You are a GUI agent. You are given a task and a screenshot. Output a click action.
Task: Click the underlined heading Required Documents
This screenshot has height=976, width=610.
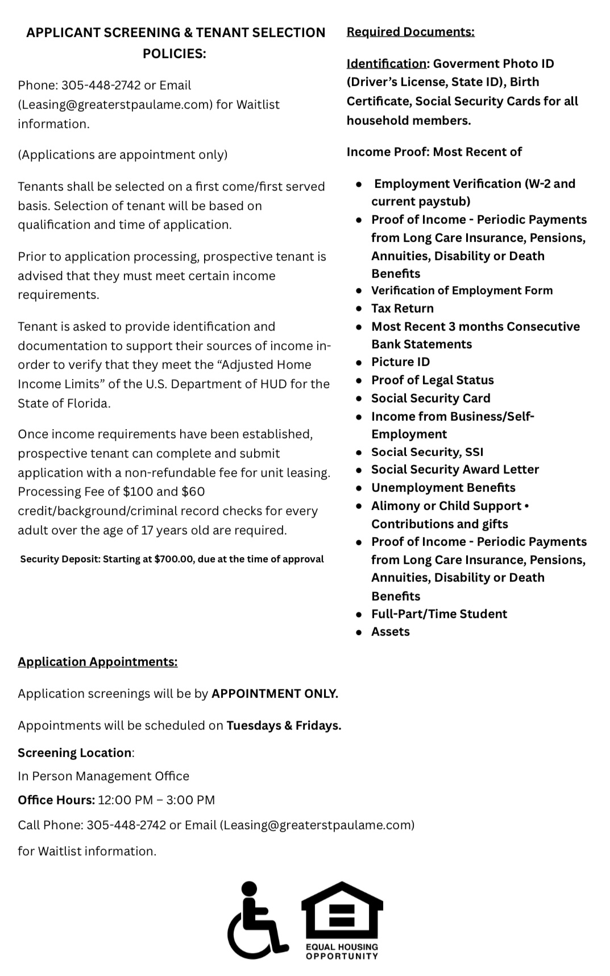[410, 32]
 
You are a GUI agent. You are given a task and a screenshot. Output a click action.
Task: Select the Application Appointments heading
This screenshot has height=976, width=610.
[97, 661]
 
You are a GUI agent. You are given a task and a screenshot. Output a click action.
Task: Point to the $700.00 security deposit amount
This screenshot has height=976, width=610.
[173, 559]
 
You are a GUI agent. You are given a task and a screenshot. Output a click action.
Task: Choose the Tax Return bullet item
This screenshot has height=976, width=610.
[402, 308]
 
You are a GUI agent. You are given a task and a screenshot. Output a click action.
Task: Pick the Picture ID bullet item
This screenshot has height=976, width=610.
[400, 362]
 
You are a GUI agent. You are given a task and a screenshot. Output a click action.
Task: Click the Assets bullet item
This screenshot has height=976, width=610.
[390, 632]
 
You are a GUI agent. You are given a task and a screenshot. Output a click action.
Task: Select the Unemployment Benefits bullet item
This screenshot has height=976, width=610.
[443, 488]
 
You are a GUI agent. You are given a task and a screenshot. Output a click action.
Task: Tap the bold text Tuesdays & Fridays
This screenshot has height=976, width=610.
[284, 726]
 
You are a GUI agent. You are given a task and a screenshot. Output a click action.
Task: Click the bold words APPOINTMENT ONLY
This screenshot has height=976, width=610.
[275, 694]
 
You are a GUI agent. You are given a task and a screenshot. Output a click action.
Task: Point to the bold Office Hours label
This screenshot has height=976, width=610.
[56, 800]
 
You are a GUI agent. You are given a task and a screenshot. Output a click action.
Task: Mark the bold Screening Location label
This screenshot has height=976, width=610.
[74, 753]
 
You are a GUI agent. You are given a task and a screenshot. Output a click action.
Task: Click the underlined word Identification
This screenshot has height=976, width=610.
[386, 64]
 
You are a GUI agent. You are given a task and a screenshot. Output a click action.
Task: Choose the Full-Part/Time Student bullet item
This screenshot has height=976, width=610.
[439, 614]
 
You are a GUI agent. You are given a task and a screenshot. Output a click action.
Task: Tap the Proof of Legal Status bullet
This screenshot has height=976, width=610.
[432, 380]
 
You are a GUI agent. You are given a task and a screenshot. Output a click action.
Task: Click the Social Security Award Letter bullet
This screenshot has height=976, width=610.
[455, 470]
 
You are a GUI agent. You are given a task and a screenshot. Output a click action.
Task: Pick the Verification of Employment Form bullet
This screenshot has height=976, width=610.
[462, 290]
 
